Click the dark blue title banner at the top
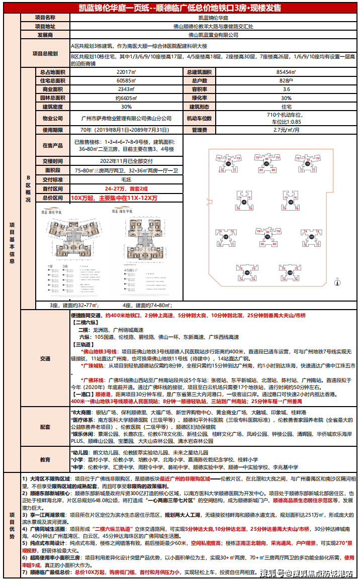[x=180, y=8]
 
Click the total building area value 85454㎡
[x=286, y=72]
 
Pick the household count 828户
[x=286, y=81]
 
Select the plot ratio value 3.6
[x=286, y=89]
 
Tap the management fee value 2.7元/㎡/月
[x=286, y=130]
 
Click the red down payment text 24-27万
[x=116, y=188]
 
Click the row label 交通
[x=45, y=358]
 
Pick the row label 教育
[x=45, y=459]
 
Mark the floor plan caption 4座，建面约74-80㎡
[x=146, y=305]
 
